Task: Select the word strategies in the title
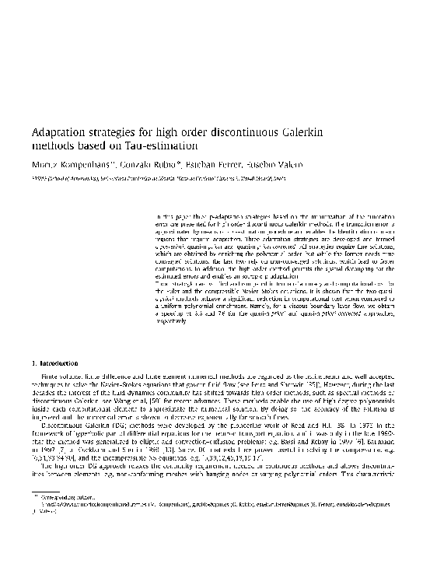click(x=118, y=133)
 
